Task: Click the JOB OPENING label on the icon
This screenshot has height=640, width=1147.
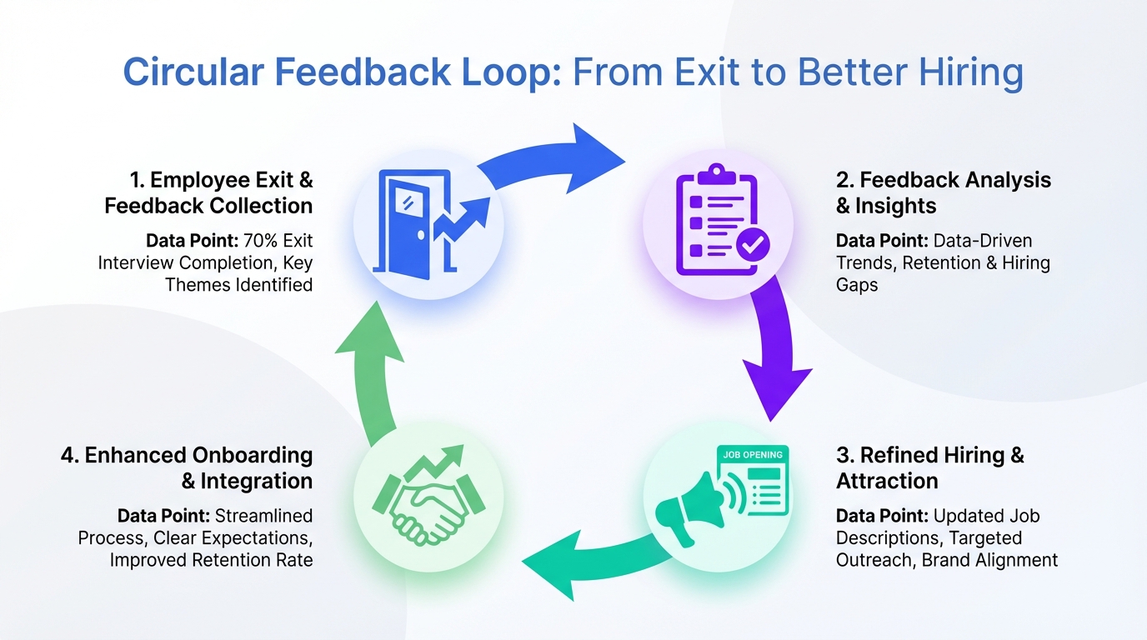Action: [753, 455]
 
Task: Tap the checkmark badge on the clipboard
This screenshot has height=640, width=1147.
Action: [754, 245]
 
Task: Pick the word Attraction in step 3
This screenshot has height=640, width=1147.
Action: [887, 481]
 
